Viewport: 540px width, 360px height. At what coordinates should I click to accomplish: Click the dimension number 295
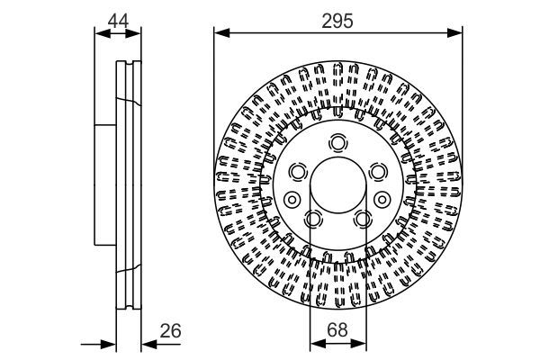click(337, 17)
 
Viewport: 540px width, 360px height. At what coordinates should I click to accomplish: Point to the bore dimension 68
click(337, 330)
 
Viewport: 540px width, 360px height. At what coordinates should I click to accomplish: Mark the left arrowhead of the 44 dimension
click(101, 33)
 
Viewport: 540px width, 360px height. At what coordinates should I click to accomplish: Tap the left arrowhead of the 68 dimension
click(314, 344)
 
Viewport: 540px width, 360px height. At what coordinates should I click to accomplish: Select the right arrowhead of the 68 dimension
click(361, 344)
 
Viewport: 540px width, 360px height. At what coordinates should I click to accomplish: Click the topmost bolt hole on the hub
click(337, 142)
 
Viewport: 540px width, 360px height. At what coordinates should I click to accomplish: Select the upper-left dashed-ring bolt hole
click(298, 171)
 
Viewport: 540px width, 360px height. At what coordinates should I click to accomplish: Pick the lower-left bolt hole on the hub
click(313, 218)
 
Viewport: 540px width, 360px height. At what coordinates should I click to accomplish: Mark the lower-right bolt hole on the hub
click(362, 218)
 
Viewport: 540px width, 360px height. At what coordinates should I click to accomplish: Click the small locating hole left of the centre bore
click(291, 200)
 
